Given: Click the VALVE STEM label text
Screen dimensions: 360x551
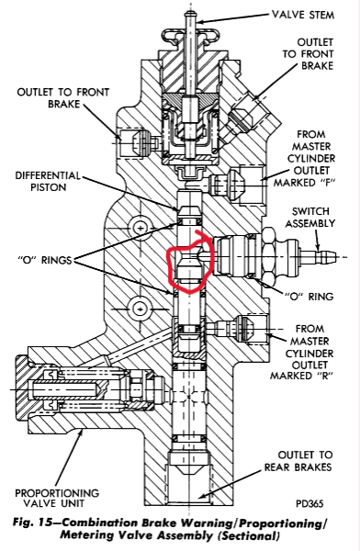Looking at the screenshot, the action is pos(303,15).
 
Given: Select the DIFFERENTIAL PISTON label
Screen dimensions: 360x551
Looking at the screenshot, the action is pos(48,181).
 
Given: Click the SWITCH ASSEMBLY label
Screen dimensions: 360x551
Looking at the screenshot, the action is pos(309,217).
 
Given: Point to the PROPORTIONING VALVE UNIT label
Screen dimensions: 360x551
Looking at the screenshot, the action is pos(57,498).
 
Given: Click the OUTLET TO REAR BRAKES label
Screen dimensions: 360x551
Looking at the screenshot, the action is pos(298,461).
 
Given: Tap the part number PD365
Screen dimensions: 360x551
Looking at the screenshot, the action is pos(309,503).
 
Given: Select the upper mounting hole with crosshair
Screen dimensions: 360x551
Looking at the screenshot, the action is pos(141,228).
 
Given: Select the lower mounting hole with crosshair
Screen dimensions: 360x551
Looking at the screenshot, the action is pos(141,309).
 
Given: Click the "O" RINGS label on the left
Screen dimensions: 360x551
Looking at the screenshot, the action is pos(44,261).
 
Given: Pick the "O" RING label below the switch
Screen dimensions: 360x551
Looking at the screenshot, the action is pos(309,297).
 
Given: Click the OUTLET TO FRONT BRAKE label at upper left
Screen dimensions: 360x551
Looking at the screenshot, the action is pos(63,98).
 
